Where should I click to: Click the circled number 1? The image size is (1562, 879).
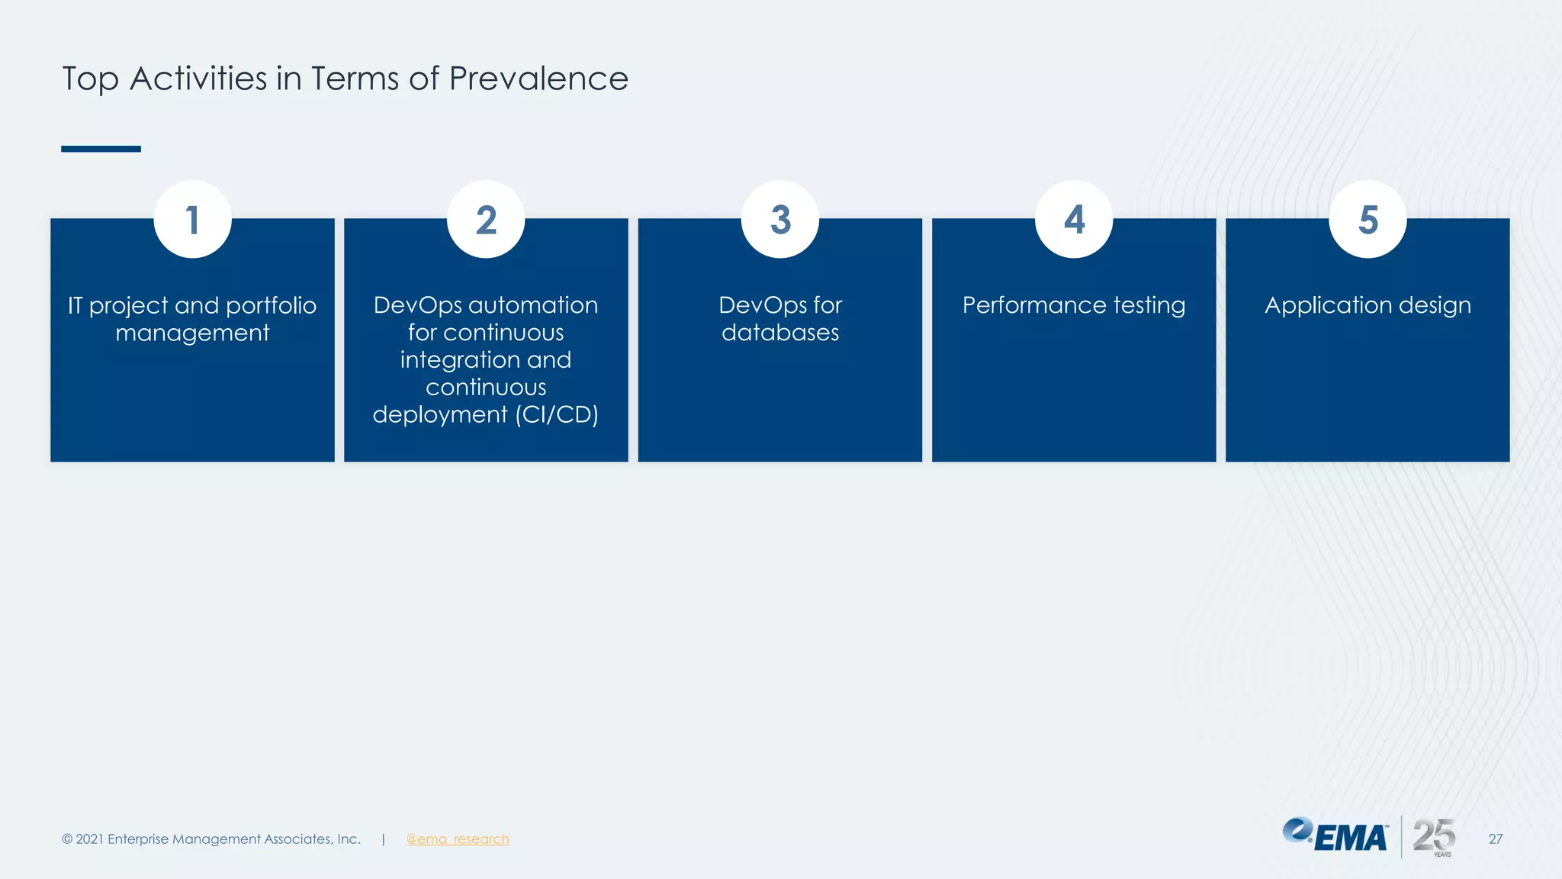pos(192,220)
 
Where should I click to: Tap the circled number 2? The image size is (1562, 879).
pos(486,220)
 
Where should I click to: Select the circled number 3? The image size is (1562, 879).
pos(780,220)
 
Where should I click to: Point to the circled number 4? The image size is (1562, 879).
pos(1074,220)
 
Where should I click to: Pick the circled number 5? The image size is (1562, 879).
pos(1368,220)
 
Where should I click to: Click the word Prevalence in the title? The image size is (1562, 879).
pos(538,79)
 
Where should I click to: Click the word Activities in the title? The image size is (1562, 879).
pos(198,79)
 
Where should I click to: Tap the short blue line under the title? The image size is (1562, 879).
pos(101,149)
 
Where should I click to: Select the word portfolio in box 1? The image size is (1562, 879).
pos(271,306)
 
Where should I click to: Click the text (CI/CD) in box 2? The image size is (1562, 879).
pos(557,414)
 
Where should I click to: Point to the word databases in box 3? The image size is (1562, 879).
pos(780,333)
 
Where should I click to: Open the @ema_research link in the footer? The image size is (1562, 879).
pos(457,839)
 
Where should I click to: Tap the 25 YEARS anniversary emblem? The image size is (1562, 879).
pos(1434,837)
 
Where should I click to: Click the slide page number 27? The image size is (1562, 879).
pos(1495,839)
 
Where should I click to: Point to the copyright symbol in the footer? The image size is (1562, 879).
pos(67,839)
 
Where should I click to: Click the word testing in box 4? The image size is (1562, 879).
pos(1149,306)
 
